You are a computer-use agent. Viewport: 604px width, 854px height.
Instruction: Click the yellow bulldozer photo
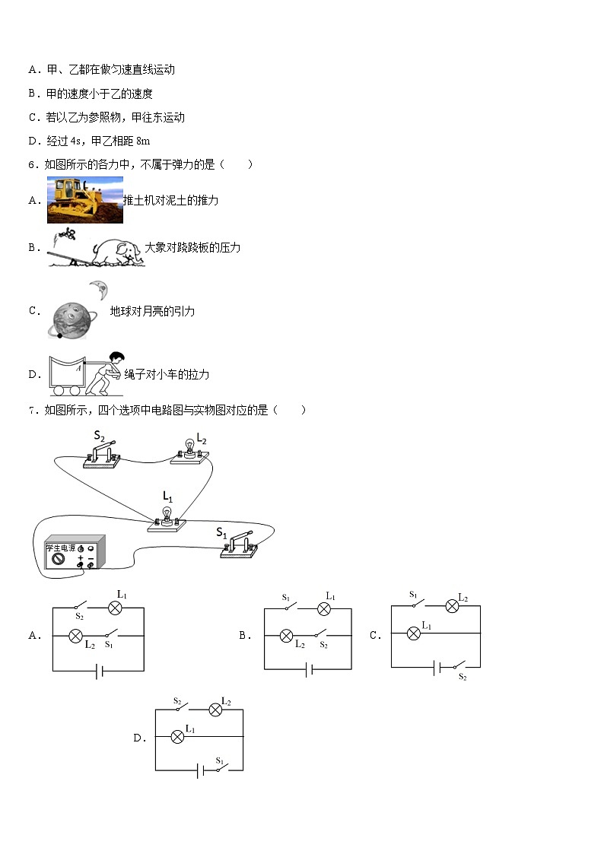coord(84,200)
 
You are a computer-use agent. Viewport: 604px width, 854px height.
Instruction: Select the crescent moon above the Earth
coord(98,290)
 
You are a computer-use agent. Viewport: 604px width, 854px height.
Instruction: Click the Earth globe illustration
coord(72,319)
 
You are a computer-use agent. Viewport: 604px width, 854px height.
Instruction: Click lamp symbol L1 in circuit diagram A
coord(115,608)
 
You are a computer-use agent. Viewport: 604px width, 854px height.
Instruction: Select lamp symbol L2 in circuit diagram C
coord(451,605)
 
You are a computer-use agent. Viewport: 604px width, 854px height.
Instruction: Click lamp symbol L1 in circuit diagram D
coord(177,736)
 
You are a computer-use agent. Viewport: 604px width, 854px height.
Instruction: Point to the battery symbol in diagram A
coord(98,671)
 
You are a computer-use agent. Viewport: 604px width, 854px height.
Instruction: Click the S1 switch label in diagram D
coord(219,760)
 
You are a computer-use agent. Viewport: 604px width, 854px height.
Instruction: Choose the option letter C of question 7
coord(374,636)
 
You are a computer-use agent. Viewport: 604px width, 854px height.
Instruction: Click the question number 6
coord(32,164)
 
